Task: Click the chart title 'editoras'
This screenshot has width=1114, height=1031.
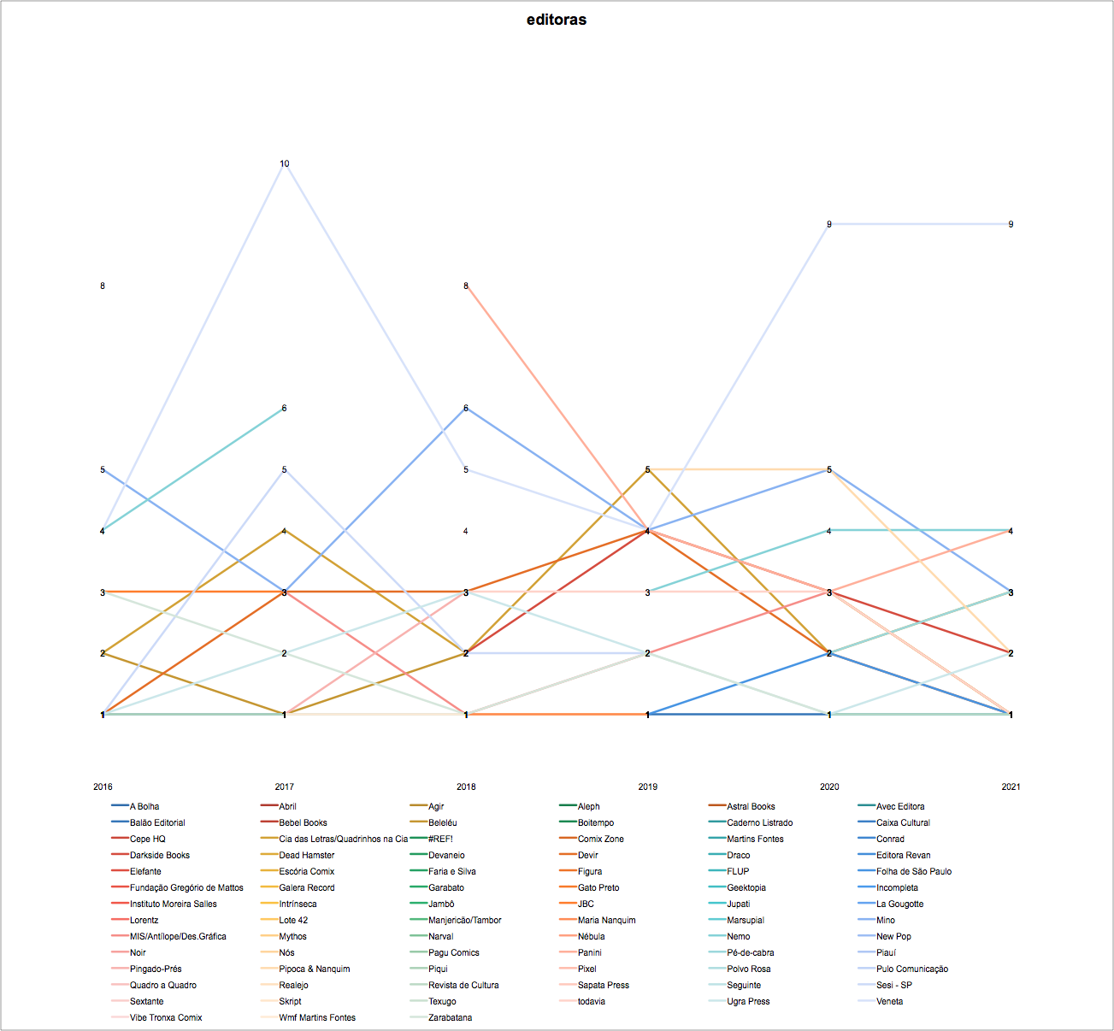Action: coord(557,20)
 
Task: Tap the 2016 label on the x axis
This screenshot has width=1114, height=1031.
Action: coord(103,787)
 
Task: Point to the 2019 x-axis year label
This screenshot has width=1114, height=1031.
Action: coord(647,787)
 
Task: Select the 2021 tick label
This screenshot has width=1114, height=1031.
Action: coord(1011,787)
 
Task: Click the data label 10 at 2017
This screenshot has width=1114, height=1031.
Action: coord(285,163)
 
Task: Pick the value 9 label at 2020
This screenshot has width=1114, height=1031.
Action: coord(828,224)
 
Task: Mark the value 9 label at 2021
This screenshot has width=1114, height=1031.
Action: coord(1011,224)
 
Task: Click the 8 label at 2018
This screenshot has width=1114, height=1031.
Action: coord(466,286)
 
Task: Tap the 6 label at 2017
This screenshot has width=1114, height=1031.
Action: coord(285,408)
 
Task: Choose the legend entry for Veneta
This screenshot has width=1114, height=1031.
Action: coord(889,1001)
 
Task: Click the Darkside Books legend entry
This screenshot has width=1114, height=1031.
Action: coord(160,855)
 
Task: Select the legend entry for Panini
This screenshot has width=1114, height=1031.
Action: coord(589,952)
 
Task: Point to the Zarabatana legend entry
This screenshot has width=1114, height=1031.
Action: coord(450,1017)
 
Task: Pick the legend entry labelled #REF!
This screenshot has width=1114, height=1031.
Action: coord(440,839)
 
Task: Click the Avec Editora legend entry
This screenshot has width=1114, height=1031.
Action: coord(900,806)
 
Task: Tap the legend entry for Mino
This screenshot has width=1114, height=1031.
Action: coord(886,920)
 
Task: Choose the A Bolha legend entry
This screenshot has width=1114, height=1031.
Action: coord(144,806)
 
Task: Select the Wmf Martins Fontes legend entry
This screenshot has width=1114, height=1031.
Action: coord(317,1017)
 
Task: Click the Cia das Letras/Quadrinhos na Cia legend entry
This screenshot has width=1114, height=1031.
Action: coord(343,839)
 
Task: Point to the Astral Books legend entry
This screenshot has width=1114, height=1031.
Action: coord(751,806)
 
